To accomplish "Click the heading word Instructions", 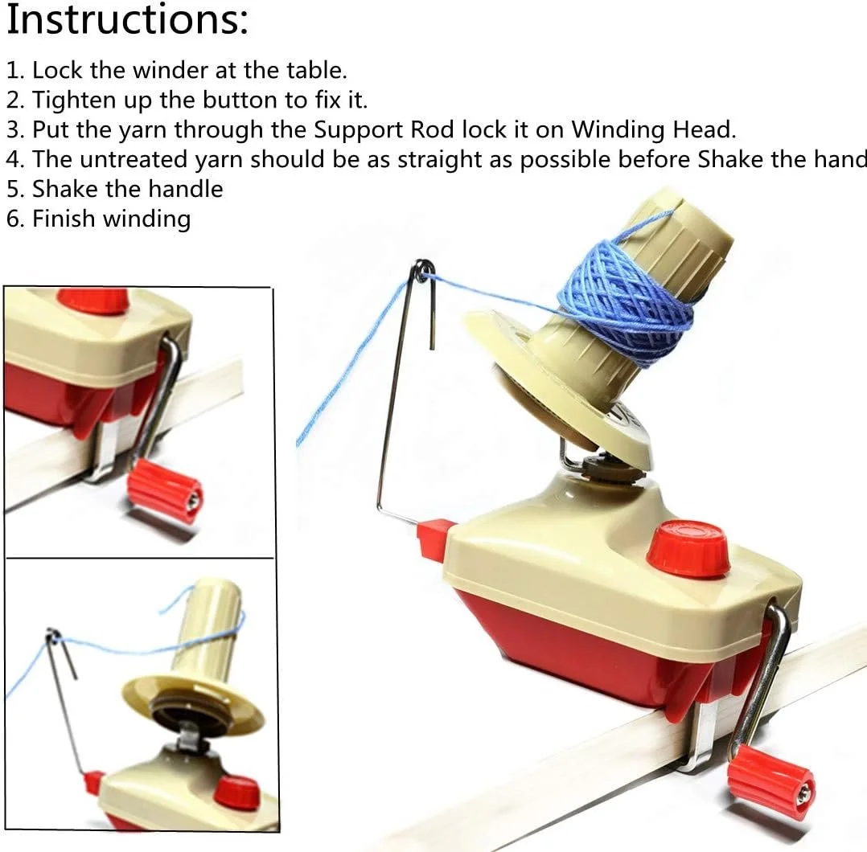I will (126, 20).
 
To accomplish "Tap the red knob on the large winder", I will (688, 548).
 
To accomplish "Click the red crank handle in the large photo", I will (770, 781).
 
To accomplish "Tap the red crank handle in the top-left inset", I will (165, 490).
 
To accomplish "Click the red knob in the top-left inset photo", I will (92, 300).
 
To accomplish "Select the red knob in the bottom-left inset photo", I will (236, 792).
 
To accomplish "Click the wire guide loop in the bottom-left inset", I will (54, 637).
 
